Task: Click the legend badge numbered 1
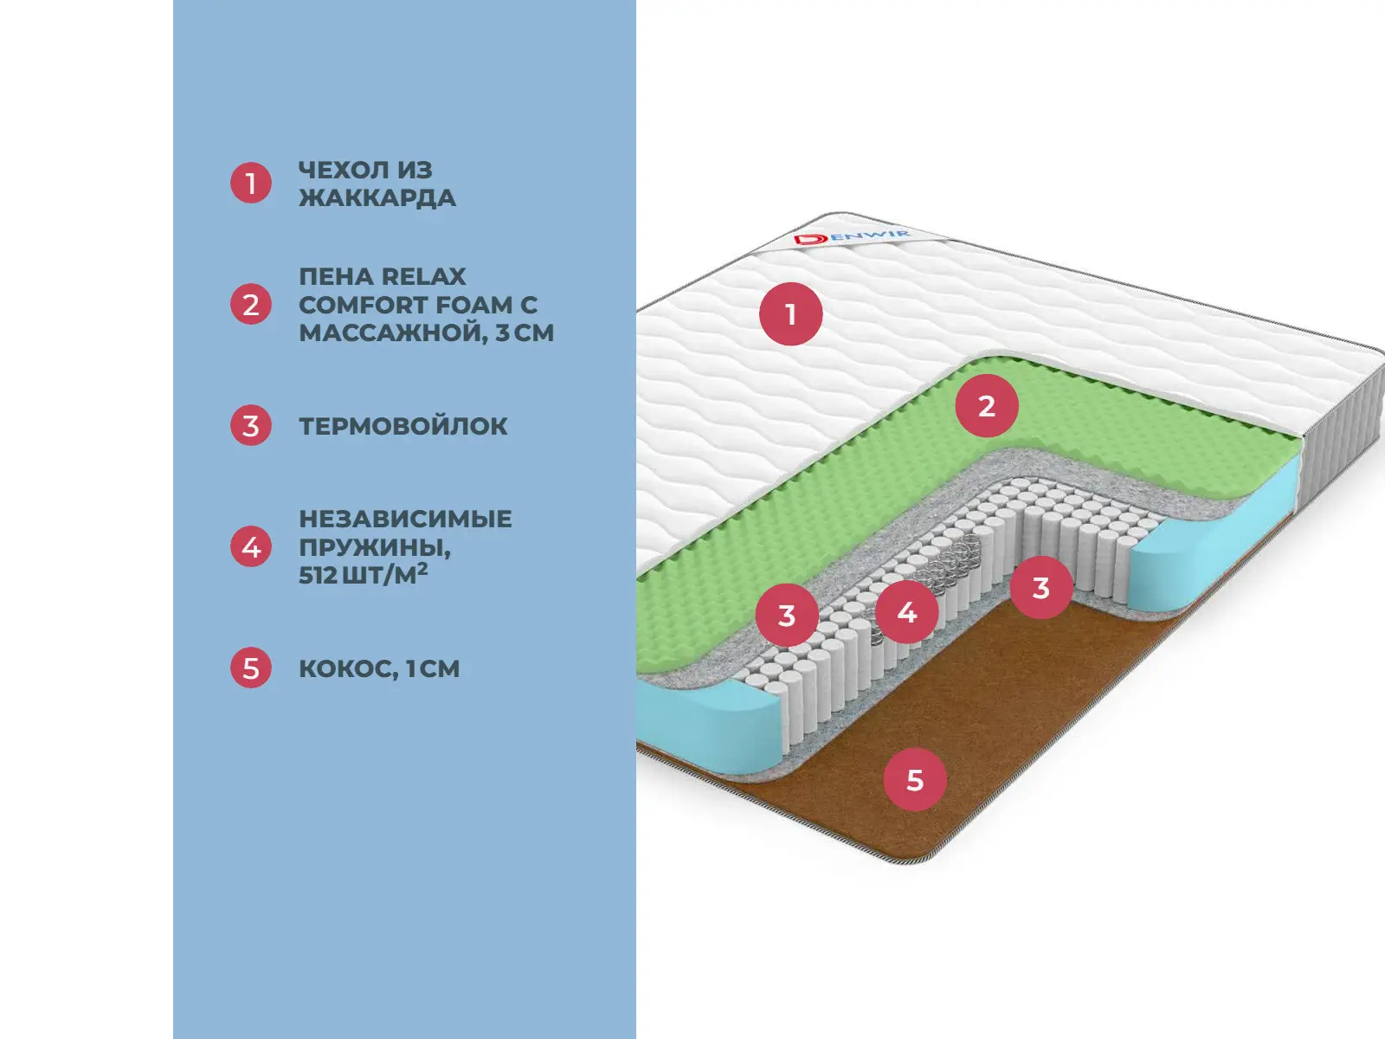click(x=251, y=184)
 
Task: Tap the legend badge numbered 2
click(x=251, y=305)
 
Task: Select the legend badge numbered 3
click(x=251, y=426)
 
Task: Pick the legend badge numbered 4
click(x=251, y=547)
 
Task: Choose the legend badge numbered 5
click(x=251, y=668)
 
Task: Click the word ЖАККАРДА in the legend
click(x=377, y=198)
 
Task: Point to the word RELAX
click(x=424, y=277)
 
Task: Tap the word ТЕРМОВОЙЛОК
click(x=403, y=426)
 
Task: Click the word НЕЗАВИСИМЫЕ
click(x=405, y=519)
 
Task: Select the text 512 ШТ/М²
click(x=364, y=575)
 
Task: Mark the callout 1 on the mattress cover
click(x=790, y=314)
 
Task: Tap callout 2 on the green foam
click(x=987, y=406)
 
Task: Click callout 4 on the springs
click(x=906, y=613)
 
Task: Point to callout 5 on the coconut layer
click(x=915, y=780)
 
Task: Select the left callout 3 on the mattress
click(x=787, y=616)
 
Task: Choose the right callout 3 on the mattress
click(x=1041, y=588)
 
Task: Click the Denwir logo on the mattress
click(x=852, y=236)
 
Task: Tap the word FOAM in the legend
click(x=473, y=305)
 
